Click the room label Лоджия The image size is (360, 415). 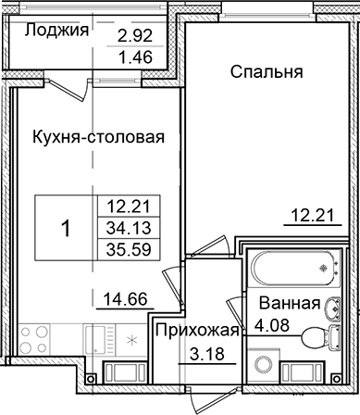tap(56, 30)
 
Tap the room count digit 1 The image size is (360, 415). tap(65, 226)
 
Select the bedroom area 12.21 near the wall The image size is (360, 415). tap(305, 218)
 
